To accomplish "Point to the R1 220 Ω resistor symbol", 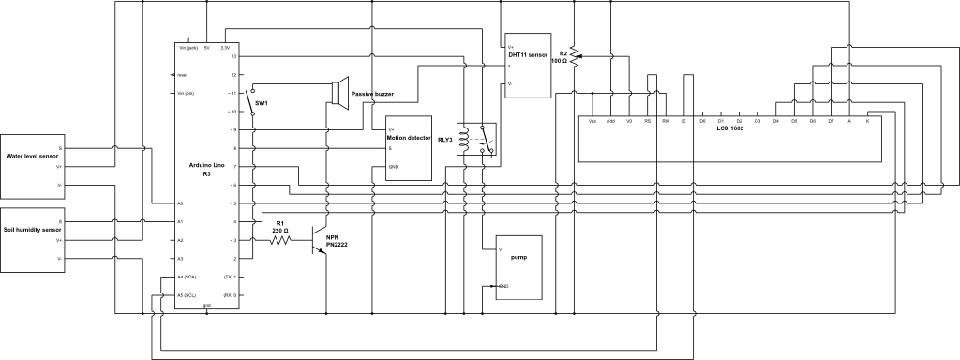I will (280, 240).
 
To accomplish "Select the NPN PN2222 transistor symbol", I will (322, 240).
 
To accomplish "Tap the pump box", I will (518, 266).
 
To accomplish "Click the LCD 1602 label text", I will (729, 128).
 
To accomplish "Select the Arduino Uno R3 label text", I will (205, 169).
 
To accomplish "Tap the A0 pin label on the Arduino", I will (180, 203).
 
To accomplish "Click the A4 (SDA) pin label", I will (186, 277).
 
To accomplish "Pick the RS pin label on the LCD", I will (647, 121).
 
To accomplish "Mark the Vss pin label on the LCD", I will (592, 121).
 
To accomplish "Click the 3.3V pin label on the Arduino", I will (225, 47).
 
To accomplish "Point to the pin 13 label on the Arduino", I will (234, 56).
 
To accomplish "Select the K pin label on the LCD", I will (867, 121).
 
